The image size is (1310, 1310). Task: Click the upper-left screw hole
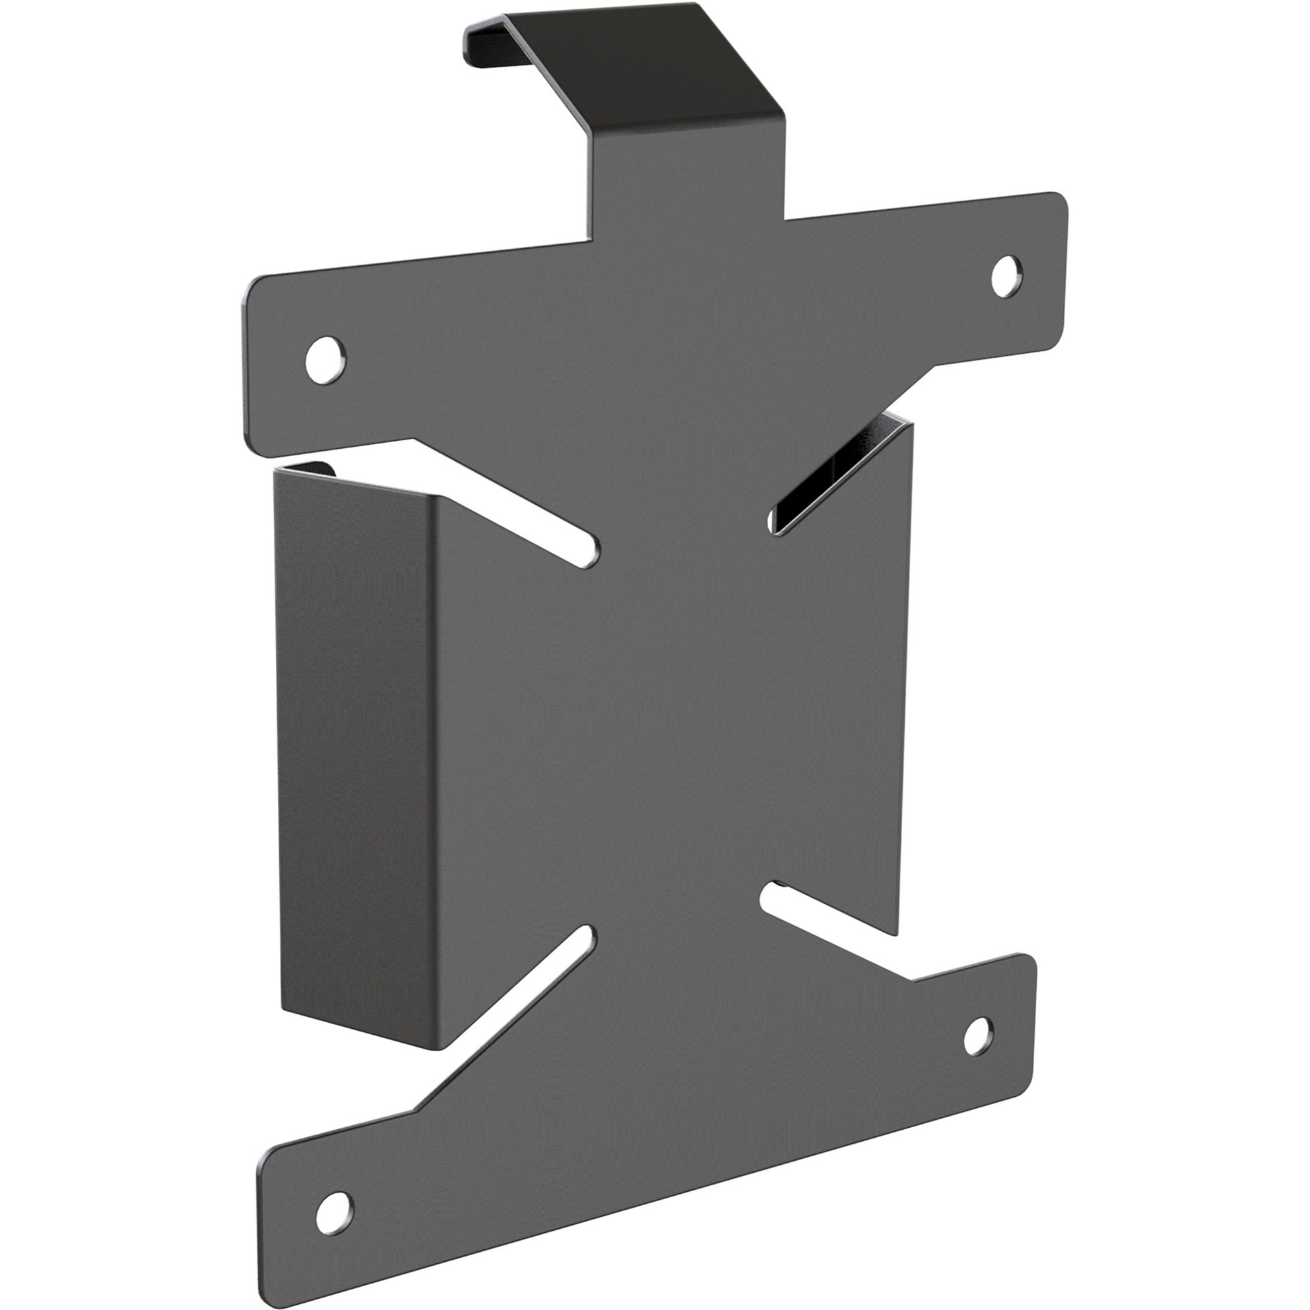(x=325, y=360)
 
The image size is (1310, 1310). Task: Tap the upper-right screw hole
(x=1007, y=277)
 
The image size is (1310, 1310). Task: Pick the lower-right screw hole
(x=977, y=1036)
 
